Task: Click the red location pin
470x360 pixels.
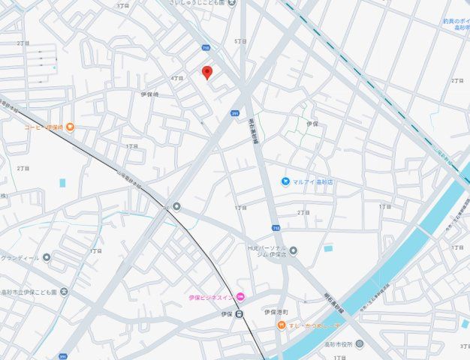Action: (207, 72)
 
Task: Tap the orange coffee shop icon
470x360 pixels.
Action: (70, 127)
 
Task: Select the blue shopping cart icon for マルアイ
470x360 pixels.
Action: (285, 181)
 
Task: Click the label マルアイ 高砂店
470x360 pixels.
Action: (313, 181)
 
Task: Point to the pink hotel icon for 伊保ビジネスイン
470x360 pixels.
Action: (240, 298)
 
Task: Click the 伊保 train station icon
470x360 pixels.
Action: (240, 313)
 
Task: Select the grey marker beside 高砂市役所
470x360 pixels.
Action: (359, 343)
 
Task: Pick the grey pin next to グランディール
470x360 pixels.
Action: (47, 257)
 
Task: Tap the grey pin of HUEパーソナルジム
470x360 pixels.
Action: (294, 250)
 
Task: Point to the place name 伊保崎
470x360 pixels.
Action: (150, 94)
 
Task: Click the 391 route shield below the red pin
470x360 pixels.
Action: (235, 112)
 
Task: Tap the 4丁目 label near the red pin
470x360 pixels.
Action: (177, 78)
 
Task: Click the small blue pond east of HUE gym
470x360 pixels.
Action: (328, 248)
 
